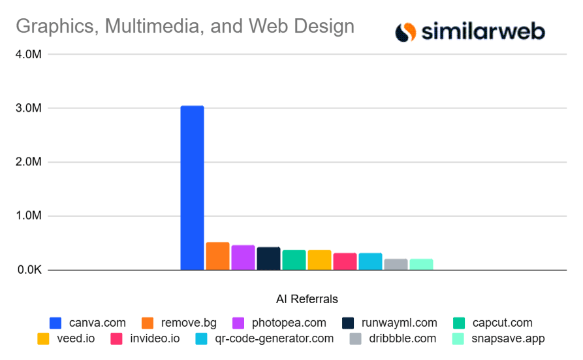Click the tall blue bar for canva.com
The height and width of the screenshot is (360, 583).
click(192, 188)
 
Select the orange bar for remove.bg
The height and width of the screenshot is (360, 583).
click(217, 256)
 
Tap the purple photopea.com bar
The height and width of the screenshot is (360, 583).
click(243, 257)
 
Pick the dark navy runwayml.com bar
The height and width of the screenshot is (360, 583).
click(268, 258)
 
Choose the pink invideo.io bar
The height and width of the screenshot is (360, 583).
click(345, 261)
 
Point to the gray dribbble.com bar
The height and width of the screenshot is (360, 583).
click(396, 264)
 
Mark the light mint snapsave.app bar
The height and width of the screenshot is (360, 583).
click(421, 264)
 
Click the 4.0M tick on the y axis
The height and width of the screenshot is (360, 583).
click(29, 54)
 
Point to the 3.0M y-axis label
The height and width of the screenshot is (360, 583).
click(29, 108)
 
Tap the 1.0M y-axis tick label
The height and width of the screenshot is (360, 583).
click(29, 216)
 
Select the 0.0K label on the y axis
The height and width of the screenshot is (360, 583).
click(29, 270)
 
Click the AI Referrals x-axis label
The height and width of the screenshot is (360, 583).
click(307, 299)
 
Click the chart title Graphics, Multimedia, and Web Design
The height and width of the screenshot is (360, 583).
click(185, 26)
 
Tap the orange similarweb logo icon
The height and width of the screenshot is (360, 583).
click(405, 31)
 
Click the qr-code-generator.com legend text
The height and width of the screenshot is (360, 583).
click(274, 338)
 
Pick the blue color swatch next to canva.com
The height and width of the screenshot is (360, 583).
click(56, 323)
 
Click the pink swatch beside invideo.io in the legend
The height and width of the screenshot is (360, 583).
click(117, 338)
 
